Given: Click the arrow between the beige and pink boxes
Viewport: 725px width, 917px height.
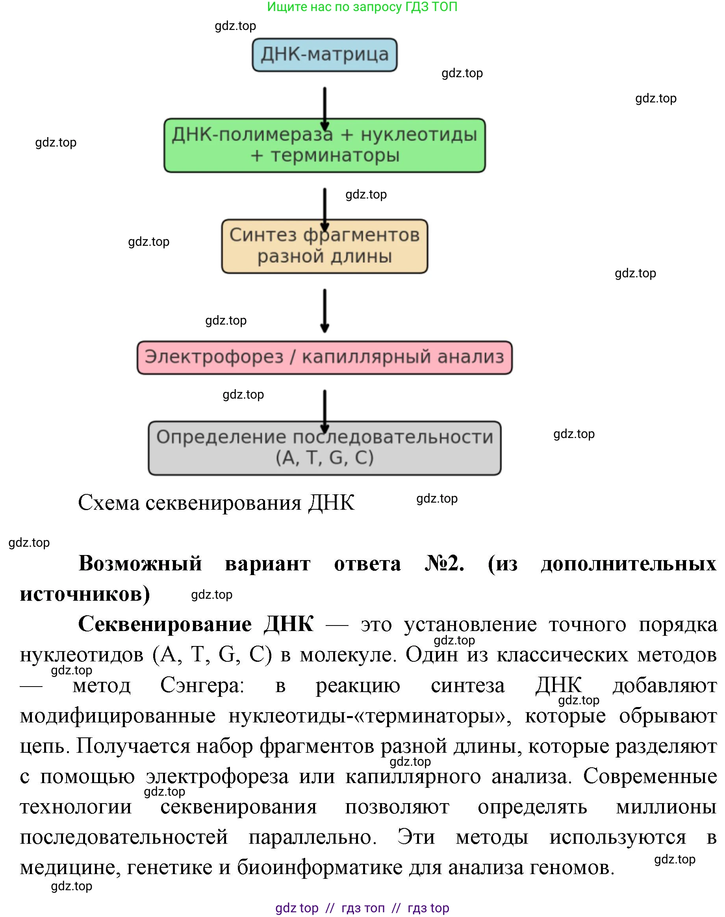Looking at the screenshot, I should [x=325, y=310].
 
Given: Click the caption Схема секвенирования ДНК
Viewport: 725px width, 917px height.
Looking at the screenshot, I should [x=216, y=503].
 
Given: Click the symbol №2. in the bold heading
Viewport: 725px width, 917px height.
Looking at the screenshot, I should [x=444, y=563].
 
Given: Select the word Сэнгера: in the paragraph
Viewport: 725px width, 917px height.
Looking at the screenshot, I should [x=202, y=685].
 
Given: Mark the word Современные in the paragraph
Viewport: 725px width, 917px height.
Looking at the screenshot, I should [x=649, y=776].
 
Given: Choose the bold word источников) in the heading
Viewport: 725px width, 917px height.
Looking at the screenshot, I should [x=85, y=594].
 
